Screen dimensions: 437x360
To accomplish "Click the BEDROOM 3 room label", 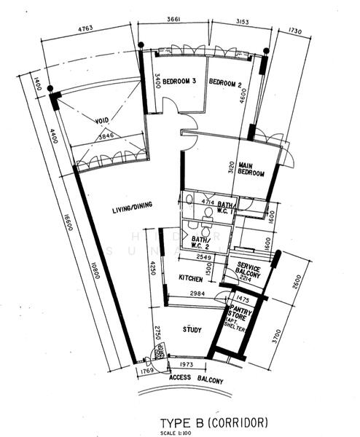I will click(x=179, y=82).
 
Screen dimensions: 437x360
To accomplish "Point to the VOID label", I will click(x=103, y=120).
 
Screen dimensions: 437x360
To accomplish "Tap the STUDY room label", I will click(x=192, y=329).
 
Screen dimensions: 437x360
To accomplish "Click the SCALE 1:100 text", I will click(x=180, y=433).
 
